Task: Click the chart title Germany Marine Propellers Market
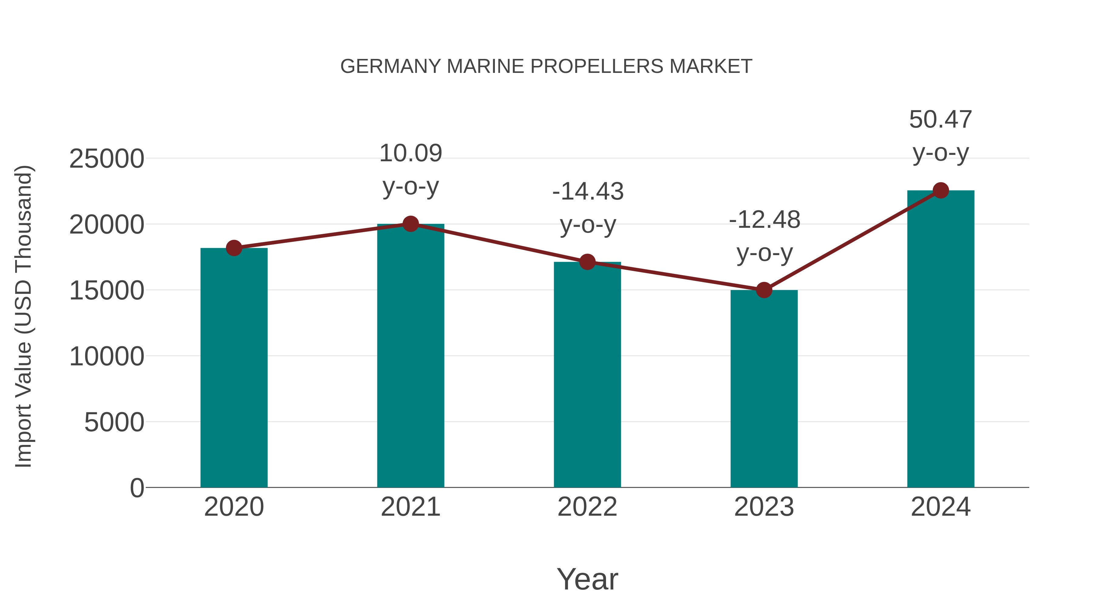[x=546, y=67]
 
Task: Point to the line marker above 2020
[x=234, y=248]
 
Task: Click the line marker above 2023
[x=764, y=290]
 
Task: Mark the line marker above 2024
[x=941, y=190]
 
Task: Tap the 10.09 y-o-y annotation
[x=410, y=170]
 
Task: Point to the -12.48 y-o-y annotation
[x=764, y=236]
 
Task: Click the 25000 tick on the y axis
[x=107, y=159]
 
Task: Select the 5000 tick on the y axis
[x=114, y=422]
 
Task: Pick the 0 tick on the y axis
[x=137, y=488]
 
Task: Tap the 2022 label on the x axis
[x=587, y=507]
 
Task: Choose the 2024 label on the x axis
[x=941, y=507]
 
